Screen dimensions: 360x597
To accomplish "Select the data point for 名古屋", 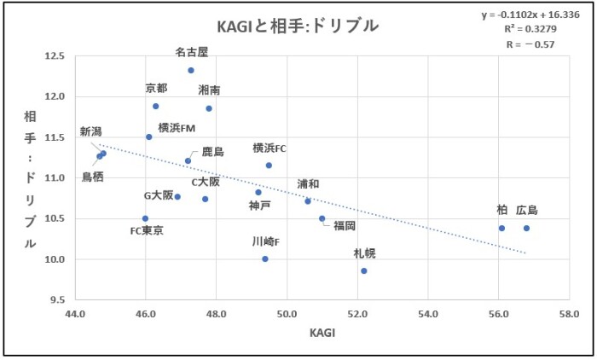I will coord(191,70).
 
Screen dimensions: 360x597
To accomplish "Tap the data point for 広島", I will coord(526,228).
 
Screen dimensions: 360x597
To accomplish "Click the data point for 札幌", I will coord(364,270).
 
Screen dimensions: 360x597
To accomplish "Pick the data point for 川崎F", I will coord(265,258).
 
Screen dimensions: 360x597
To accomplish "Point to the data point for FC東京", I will coord(145,218).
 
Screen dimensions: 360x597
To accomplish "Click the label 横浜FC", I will coord(270,148).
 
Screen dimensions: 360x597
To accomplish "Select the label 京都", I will coord(156,88).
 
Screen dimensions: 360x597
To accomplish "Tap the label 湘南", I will coord(210,90).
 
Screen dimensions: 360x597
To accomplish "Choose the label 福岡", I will coord(345,226).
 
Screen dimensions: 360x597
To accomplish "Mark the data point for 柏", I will coord(501,228).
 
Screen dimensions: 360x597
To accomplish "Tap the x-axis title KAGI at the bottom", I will coord(322,334).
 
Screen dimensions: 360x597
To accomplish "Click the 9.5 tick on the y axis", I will coord(56,299).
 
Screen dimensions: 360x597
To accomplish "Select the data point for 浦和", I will coord(308,200).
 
